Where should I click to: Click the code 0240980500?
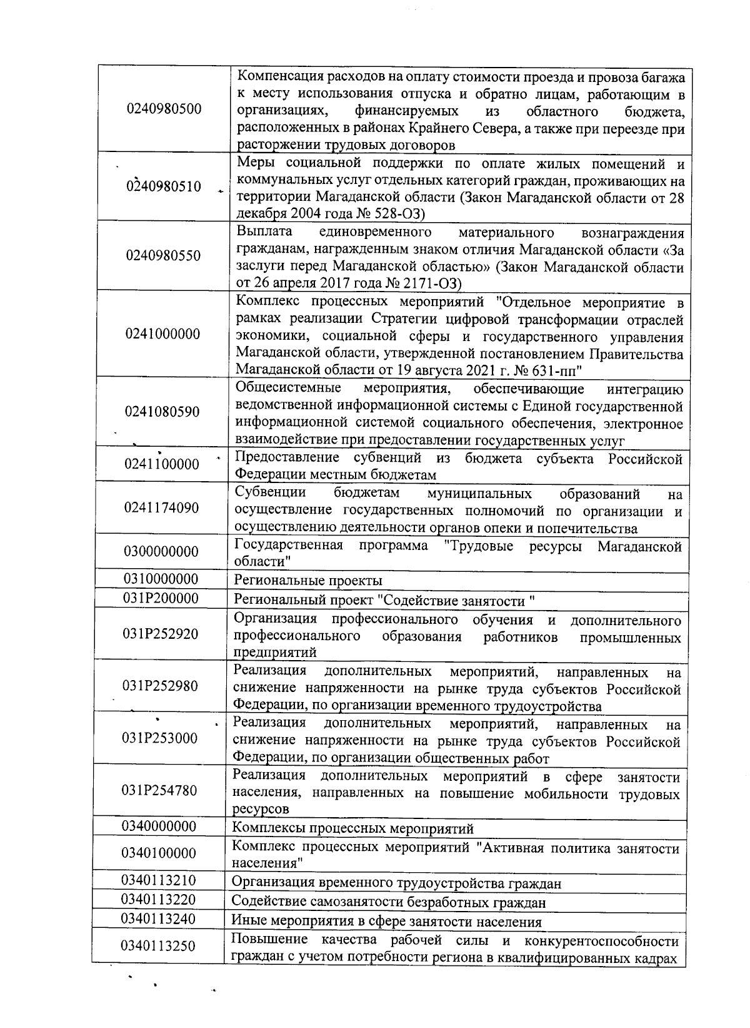pyautogui.click(x=164, y=109)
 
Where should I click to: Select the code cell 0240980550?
pyautogui.click(x=163, y=255)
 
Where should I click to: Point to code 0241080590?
pyautogui.click(x=162, y=412)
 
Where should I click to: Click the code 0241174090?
pyautogui.click(x=161, y=507)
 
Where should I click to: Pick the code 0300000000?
pyautogui.click(x=161, y=551)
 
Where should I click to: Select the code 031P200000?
pyautogui.click(x=161, y=598)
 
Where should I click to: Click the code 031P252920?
pyautogui.click(x=161, y=634)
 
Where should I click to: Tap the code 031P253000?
pyautogui.click(x=160, y=738)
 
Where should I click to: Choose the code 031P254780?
pyautogui.click(x=160, y=790)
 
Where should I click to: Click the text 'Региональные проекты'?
pyautogui.click(x=307, y=581)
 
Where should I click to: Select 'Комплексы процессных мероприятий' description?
pyautogui.click(x=352, y=828)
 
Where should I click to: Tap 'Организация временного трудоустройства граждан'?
pyautogui.click(x=396, y=883)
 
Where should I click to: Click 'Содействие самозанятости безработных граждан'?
pyautogui.click(x=388, y=902)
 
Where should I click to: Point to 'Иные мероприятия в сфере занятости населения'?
pyautogui.click(x=386, y=922)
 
